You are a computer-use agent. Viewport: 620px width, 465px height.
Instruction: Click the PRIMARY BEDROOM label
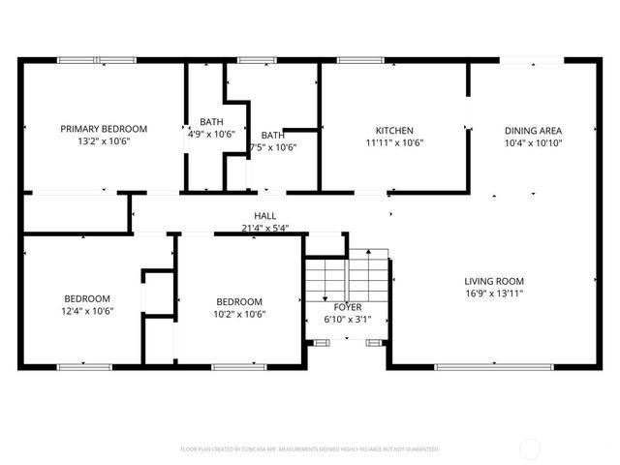104,129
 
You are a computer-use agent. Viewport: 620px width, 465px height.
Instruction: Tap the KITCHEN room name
394,130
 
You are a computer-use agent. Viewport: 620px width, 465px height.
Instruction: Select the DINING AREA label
533,130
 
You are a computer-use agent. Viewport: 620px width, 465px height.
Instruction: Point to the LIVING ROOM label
494,281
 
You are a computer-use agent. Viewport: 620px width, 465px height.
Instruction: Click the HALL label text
264,216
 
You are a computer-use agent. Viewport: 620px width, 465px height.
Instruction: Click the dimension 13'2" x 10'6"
104,141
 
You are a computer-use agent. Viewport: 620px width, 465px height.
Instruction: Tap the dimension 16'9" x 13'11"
494,294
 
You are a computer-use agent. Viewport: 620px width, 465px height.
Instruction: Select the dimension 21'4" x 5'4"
264,229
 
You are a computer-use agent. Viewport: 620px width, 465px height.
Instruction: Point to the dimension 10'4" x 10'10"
533,142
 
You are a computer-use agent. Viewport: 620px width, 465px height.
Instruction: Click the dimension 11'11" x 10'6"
394,142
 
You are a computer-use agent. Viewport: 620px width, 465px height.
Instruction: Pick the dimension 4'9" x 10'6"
211,135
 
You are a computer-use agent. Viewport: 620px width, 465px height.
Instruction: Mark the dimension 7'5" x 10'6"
272,148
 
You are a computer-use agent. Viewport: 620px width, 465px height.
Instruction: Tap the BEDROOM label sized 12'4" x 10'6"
87,298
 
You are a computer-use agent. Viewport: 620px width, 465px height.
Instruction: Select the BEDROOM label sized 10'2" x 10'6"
239,300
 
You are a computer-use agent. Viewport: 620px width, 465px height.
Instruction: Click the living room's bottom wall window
481,367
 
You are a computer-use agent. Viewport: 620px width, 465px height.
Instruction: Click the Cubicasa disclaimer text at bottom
310,449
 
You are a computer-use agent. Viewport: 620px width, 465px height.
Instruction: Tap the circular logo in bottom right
532,449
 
